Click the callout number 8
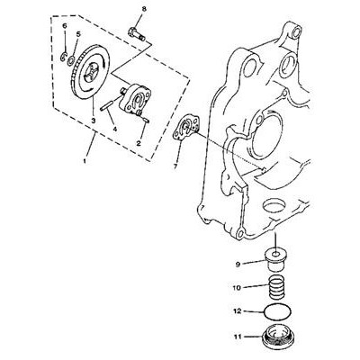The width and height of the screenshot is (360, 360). (144, 9)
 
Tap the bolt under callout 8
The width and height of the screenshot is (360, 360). (137, 34)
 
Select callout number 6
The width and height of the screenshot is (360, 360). (65, 26)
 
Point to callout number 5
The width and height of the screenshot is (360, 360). (78, 34)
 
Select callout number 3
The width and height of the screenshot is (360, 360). (94, 121)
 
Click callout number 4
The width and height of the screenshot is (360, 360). (115, 129)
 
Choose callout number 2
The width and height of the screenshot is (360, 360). (139, 143)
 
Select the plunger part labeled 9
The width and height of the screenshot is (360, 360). (275, 262)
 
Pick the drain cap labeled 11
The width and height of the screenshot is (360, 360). (277, 336)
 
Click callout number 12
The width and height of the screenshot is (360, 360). (237, 311)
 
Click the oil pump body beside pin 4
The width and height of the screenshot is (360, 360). (137, 99)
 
